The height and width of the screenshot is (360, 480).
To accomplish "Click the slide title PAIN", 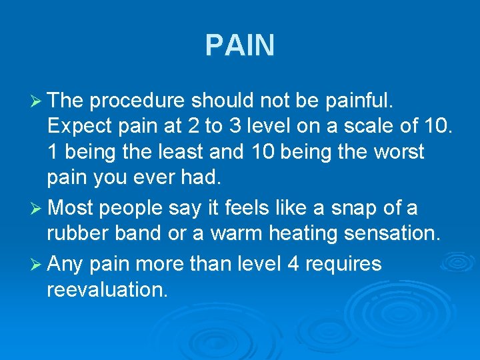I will [239, 46].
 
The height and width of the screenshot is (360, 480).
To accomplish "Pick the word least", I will [191, 152].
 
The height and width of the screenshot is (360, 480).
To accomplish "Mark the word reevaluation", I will [107, 289].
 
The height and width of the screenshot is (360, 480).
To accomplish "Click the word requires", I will [343, 265].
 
